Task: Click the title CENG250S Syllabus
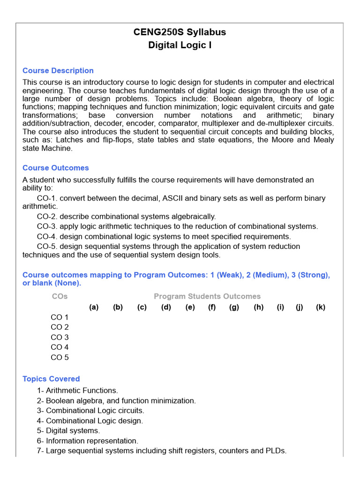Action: (x=180, y=32)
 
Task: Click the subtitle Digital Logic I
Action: (x=180, y=45)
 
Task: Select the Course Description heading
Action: (x=58, y=71)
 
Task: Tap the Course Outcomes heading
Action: (x=56, y=168)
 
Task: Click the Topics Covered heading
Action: (x=51, y=379)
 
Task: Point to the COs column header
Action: (x=60, y=296)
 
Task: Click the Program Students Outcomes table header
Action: (x=207, y=296)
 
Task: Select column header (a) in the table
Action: (x=94, y=307)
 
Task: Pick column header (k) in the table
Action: (x=321, y=307)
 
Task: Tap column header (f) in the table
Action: (x=212, y=307)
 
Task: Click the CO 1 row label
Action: (x=60, y=317)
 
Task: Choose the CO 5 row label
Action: (x=60, y=357)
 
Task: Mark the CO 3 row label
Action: (x=60, y=337)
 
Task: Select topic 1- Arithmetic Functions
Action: (x=77, y=390)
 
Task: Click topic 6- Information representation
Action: (x=87, y=441)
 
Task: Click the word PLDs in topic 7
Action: (x=276, y=451)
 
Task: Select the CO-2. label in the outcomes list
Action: (x=47, y=217)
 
